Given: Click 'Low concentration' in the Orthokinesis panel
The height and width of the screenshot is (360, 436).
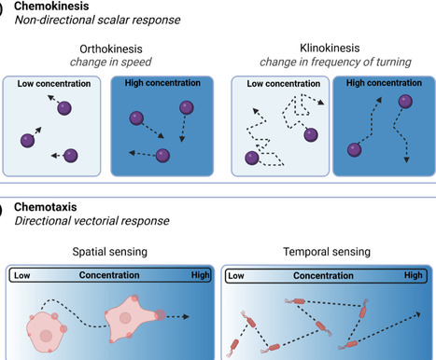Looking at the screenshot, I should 53,84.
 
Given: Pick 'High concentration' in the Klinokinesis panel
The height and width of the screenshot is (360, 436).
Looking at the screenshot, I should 383,84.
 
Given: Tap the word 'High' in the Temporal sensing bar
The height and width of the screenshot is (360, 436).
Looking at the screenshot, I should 414,276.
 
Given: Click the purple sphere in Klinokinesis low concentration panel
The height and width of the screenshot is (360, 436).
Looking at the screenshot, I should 252,159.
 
